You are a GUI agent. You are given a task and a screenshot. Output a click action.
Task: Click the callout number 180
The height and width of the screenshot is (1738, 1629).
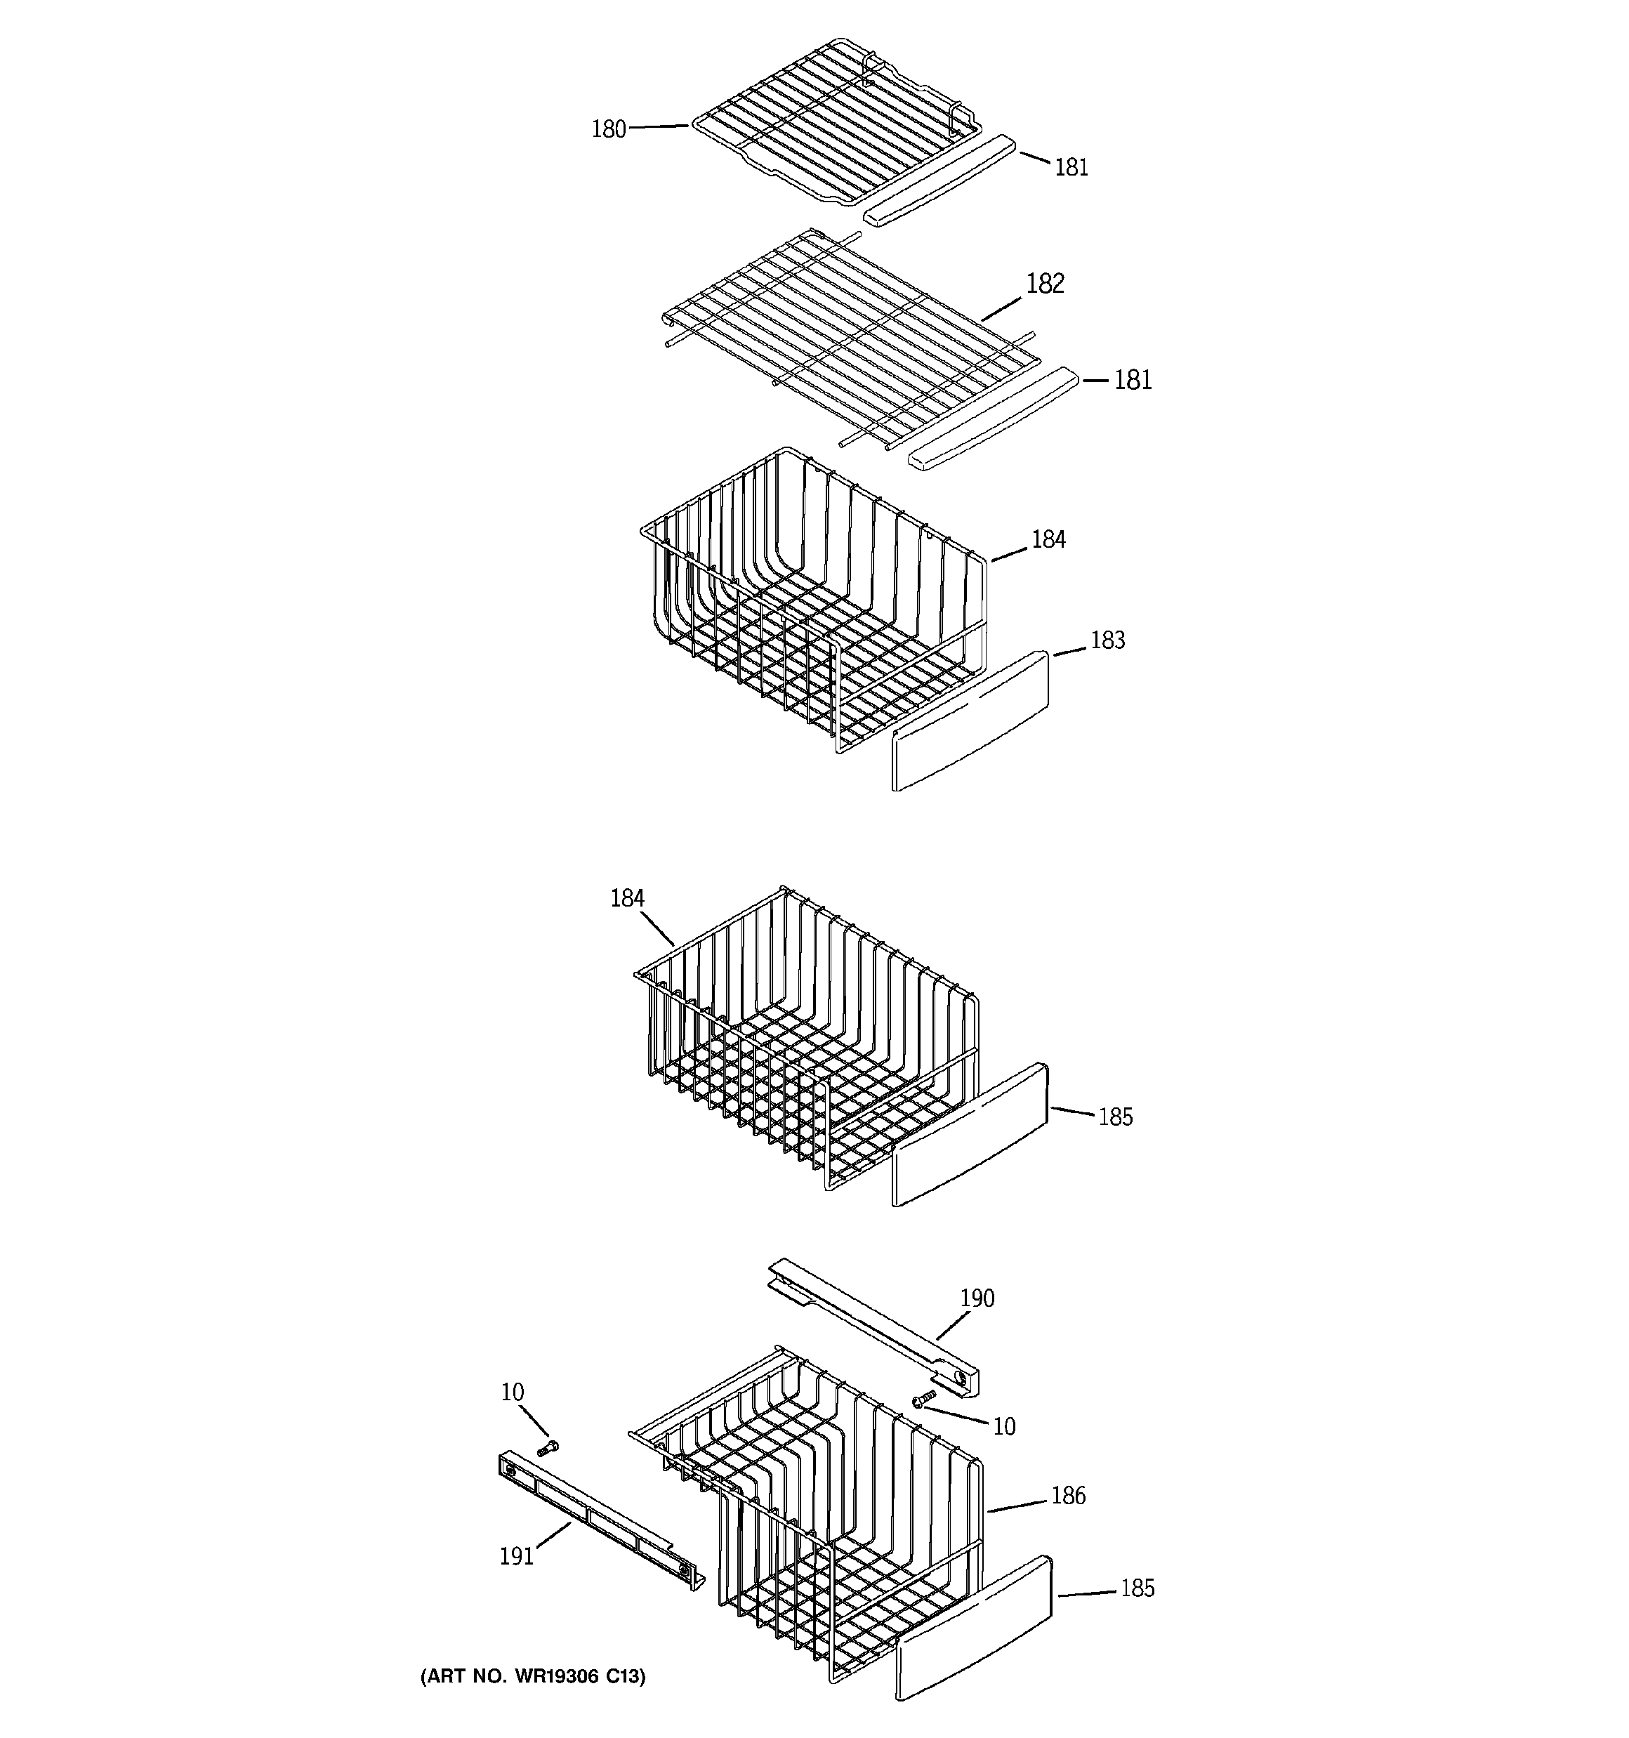click(609, 129)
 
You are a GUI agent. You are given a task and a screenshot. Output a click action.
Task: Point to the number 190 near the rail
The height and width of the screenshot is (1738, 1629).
click(977, 1298)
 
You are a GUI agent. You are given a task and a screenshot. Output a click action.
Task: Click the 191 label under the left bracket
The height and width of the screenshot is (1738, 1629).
click(516, 1556)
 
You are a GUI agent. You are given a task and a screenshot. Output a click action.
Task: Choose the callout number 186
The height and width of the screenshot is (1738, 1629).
click(1068, 1496)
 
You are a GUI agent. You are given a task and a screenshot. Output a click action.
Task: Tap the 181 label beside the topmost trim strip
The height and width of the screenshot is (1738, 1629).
click(1071, 167)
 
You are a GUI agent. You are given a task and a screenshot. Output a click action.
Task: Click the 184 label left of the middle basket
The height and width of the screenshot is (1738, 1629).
click(627, 898)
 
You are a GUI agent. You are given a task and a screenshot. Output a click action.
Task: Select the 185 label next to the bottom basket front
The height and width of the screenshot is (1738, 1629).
click(1137, 1588)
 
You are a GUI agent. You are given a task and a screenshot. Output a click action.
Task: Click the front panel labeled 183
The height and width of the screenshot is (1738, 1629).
click(969, 722)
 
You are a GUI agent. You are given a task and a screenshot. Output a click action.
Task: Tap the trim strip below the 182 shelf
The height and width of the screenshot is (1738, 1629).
click(991, 419)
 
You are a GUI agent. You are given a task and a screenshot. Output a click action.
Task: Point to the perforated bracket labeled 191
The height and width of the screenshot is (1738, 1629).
click(599, 1521)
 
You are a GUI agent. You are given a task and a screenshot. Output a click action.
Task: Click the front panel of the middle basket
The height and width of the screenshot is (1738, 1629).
click(969, 1135)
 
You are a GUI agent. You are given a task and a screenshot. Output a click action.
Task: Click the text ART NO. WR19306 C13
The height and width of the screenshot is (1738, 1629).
click(532, 1676)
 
